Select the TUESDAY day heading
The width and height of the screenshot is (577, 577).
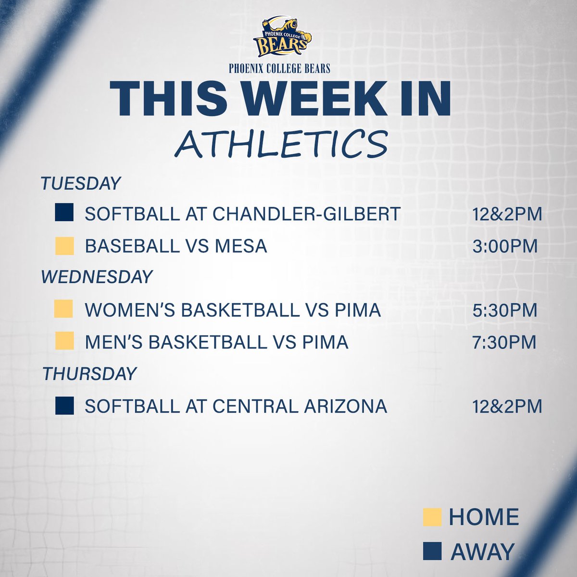[80, 183]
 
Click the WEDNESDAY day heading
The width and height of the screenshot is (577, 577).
[97, 277]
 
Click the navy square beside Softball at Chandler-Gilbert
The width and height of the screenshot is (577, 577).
[64, 213]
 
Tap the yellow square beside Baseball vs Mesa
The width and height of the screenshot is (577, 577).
[64, 246]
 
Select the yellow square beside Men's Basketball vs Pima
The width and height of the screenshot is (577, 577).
[64, 342]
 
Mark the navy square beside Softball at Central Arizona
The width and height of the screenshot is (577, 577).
[64, 405]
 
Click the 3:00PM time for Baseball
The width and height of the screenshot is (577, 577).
[504, 246]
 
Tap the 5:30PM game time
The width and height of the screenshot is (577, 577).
[504, 310]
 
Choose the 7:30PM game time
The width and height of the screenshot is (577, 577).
[504, 342]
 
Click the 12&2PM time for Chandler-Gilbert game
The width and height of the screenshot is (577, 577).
[507, 214]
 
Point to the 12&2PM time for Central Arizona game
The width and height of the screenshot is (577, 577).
[507, 406]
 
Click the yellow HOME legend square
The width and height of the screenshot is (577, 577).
[432, 517]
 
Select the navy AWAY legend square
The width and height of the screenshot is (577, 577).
[432, 551]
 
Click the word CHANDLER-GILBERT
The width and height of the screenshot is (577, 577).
[306, 214]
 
